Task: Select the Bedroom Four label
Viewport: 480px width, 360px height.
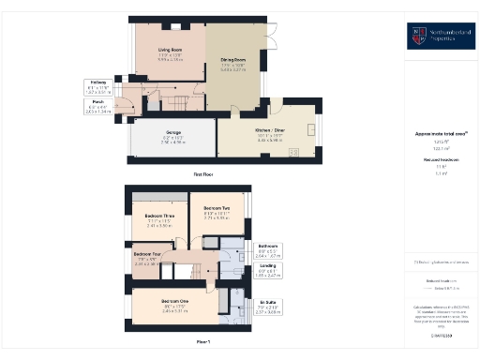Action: click(149, 256)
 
